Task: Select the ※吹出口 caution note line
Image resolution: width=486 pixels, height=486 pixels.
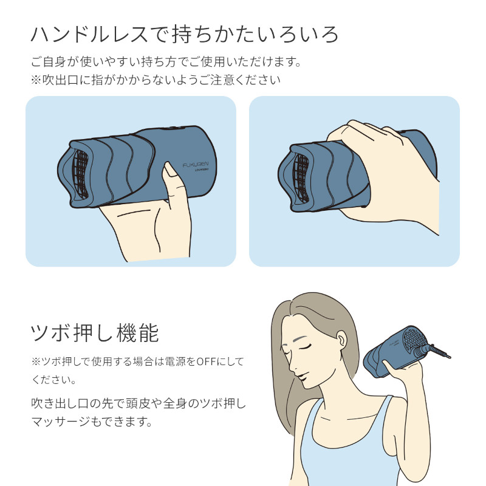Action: pos(155,80)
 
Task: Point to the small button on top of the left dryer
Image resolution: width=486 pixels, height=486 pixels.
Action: pos(171,128)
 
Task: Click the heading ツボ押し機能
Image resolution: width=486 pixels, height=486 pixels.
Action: pos(94,333)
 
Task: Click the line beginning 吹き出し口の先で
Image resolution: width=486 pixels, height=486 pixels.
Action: pos(138,403)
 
